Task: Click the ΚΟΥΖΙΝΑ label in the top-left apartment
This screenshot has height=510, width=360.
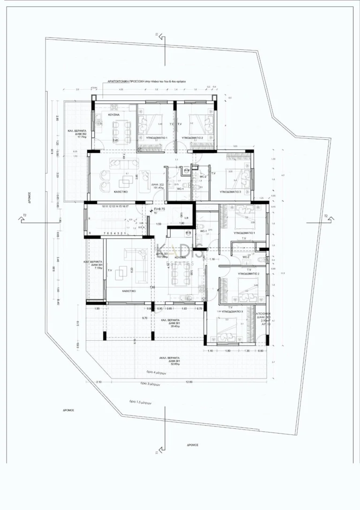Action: (x=112, y=114)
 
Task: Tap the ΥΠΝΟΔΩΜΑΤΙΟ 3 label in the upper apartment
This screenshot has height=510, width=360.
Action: (x=230, y=192)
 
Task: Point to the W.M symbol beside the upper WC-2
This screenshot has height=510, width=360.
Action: (x=187, y=170)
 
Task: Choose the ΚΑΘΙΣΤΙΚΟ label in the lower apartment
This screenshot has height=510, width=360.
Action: (x=129, y=291)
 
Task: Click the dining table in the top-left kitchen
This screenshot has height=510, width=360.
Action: (x=121, y=127)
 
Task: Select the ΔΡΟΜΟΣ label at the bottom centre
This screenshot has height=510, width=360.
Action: (x=193, y=444)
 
